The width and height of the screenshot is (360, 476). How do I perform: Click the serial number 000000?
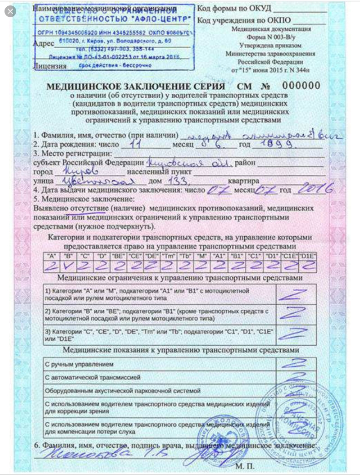pos(301,86)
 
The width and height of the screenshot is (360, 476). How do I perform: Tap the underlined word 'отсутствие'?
pos(88,209)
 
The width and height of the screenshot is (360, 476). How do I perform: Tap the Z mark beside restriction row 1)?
pos(295,294)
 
